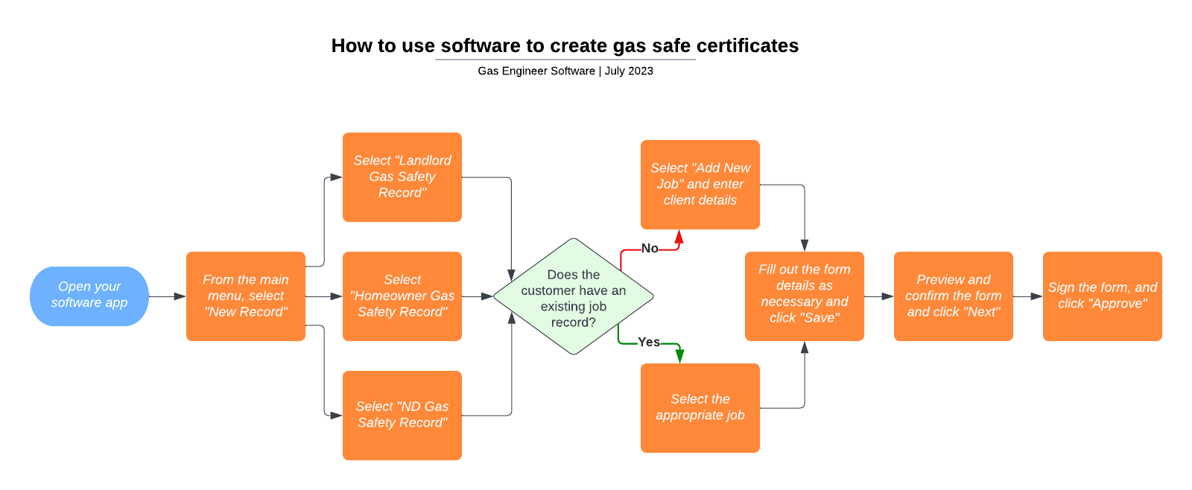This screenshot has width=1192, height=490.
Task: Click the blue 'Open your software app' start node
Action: click(89, 296)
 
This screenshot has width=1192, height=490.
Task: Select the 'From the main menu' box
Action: click(246, 296)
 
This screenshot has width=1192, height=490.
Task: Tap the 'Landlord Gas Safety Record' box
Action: click(402, 176)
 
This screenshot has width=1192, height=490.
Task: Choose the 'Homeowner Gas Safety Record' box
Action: click(402, 296)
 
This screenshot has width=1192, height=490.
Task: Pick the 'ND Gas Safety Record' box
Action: click(402, 415)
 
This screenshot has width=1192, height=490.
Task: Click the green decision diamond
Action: click(574, 296)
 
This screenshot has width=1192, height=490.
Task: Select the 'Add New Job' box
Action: click(700, 184)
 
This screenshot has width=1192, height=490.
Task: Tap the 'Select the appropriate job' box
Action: click(700, 407)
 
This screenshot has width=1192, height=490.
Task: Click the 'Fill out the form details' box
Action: click(805, 296)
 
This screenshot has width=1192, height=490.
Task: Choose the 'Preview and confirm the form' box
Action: click(954, 296)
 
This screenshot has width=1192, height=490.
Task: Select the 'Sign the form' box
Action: click(1103, 296)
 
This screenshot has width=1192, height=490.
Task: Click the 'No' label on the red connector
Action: click(650, 249)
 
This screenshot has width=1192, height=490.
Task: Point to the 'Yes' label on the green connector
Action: click(649, 342)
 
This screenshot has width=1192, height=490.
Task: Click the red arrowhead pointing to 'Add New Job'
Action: click(679, 237)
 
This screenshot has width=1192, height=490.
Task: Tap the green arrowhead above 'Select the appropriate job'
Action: click(679, 356)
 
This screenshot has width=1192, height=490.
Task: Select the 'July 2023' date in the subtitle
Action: click(629, 71)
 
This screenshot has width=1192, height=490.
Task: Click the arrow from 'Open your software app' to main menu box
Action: click(168, 296)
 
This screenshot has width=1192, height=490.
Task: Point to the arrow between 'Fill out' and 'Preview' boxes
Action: click(879, 296)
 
